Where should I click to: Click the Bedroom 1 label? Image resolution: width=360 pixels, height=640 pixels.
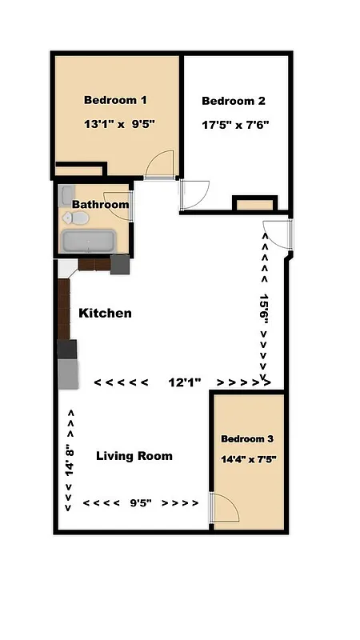tap(115, 101)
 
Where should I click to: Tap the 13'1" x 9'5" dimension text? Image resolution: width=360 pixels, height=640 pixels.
tap(118, 125)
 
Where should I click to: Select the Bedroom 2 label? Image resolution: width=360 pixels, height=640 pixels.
tap(233, 102)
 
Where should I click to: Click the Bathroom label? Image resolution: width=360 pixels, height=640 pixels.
tap(100, 205)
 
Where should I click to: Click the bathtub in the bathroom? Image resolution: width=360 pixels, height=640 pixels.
tap(89, 241)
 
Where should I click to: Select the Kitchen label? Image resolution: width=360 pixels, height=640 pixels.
tap(105, 314)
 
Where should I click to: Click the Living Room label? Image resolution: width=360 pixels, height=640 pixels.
tap(134, 456)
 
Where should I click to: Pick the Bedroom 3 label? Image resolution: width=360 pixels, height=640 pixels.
tap(247, 439)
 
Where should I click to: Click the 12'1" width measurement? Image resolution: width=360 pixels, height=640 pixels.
tap(185, 382)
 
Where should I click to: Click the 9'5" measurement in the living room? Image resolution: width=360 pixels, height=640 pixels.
tap(141, 503)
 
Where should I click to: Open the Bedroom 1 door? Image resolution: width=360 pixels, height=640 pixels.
tap(160, 165)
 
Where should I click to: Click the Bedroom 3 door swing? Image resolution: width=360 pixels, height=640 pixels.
tap(223, 509)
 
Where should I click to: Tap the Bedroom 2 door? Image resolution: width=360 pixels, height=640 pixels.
tap(195, 194)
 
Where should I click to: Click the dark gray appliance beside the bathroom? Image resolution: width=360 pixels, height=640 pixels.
tap(119, 265)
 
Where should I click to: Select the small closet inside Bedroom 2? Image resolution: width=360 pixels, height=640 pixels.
tap(254, 205)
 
